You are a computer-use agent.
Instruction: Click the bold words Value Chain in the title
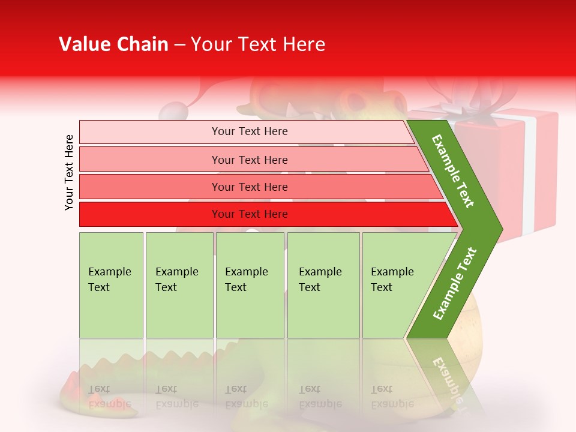coord(113,44)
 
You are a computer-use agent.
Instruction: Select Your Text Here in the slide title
coord(257,44)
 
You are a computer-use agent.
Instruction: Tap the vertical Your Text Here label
coord(69,172)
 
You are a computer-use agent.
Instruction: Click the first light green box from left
coord(111,285)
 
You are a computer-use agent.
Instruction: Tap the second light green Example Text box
coord(179,285)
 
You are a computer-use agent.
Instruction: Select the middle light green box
coord(250,285)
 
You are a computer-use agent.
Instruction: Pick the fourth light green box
coord(323,285)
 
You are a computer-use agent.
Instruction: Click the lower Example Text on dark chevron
coord(455,283)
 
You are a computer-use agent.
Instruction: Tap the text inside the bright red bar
coord(250,214)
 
